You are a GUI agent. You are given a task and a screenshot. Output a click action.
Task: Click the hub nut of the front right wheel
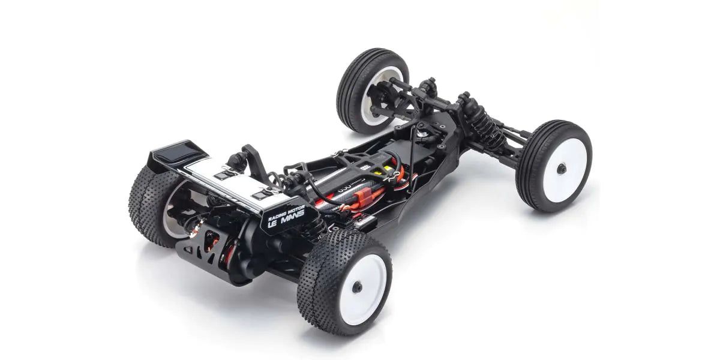(x=561, y=169)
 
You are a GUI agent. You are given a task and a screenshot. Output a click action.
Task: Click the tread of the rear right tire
(x=318, y=282)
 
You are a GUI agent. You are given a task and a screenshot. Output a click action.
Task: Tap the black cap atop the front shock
(x=464, y=98)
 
